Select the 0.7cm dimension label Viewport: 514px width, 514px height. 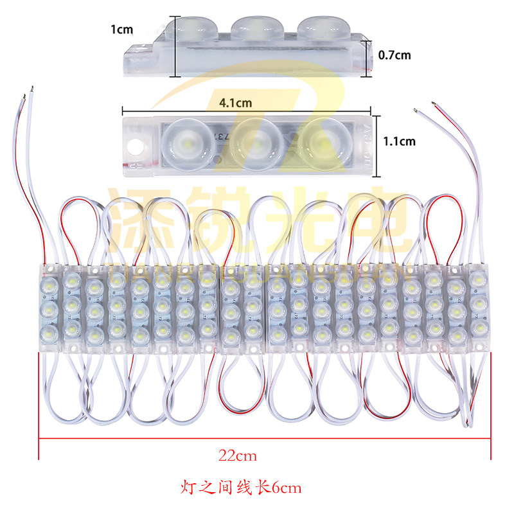tap(393, 55)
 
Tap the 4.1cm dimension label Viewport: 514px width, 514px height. tap(235, 102)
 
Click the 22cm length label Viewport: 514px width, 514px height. tap(237, 457)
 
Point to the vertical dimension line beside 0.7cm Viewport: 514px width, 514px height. tap(368, 55)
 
